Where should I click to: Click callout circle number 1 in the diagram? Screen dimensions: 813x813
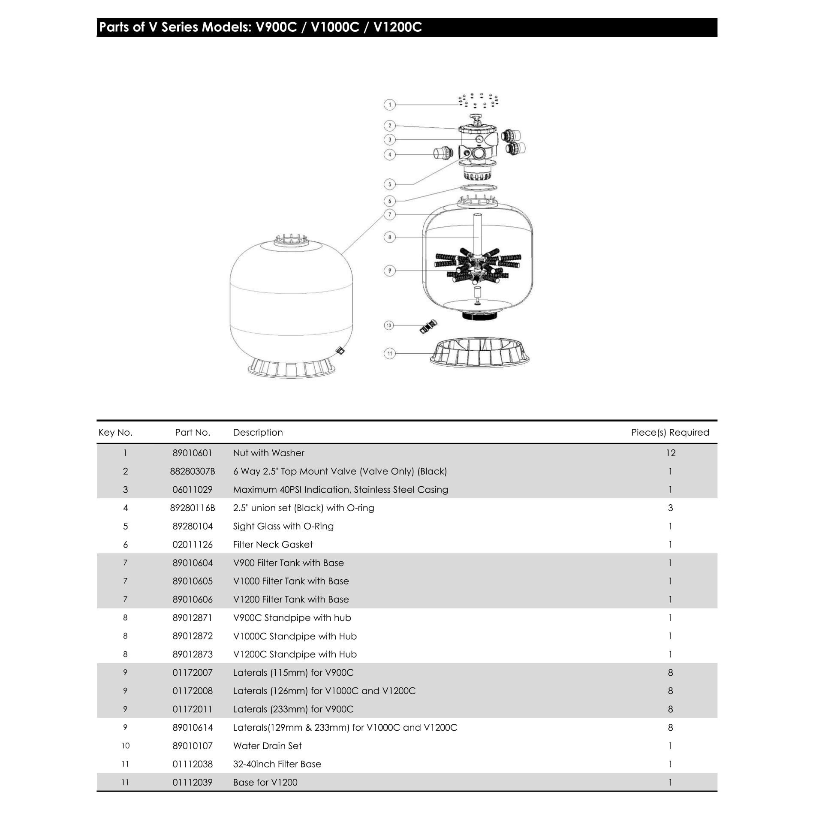pyautogui.click(x=389, y=105)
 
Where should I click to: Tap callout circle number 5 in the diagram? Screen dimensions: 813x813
pyautogui.click(x=389, y=184)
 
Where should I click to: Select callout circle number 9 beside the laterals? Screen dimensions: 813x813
pyautogui.click(x=389, y=271)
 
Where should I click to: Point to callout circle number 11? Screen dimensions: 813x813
pyautogui.click(x=389, y=353)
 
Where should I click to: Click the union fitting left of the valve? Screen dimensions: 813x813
pyautogui.click(x=443, y=153)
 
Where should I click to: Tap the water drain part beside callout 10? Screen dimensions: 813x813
pyautogui.click(x=428, y=327)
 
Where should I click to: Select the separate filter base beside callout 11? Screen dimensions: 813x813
pyautogui.click(x=479, y=352)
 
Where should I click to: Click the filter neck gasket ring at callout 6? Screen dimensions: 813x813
pyautogui.click(x=478, y=187)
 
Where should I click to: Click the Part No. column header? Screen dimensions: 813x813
pyautogui.click(x=193, y=432)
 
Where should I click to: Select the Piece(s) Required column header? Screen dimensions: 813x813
pyautogui.click(x=670, y=432)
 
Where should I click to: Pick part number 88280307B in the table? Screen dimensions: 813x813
pyautogui.click(x=193, y=471)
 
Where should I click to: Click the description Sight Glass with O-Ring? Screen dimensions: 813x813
pyautogui.click(x=283, y=526)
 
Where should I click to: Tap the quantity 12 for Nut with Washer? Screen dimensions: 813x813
pyautogui.click(x=671, y=453)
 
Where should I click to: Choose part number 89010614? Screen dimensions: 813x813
pyautogui.click(x=193, y=727)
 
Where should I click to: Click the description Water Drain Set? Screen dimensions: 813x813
pyautogui.click(x=267, y=746)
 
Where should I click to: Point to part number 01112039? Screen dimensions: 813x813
pyautogui.click(x=193, y=782)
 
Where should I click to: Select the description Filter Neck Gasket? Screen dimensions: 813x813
pyautogui.click(x=273, y=545)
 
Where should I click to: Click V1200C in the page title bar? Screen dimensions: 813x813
pyautogui.click(x=397, y=27)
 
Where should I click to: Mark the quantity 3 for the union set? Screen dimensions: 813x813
pyautogui.click(x=671, y=508)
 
